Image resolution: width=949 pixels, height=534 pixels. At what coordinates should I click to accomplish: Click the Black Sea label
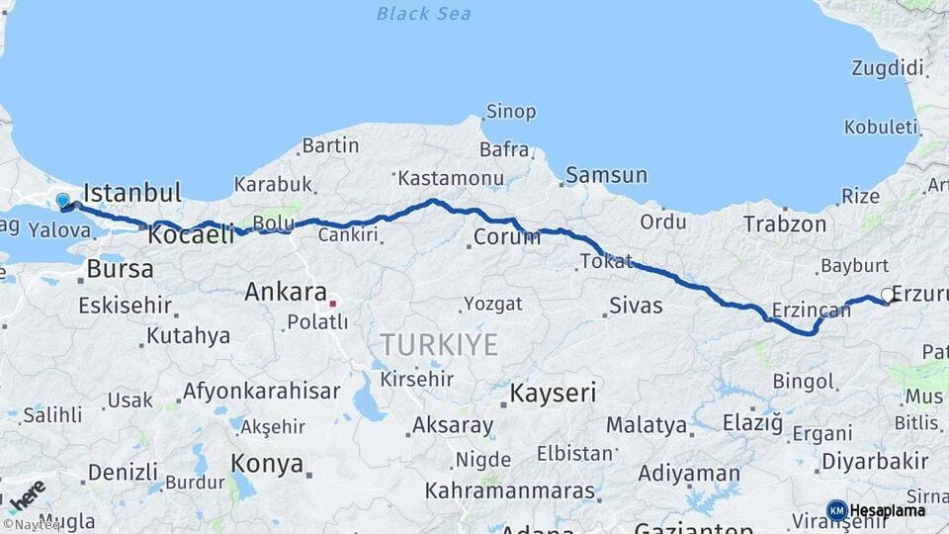(424, 14)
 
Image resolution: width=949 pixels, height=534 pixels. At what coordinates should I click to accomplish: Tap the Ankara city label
(285, 293)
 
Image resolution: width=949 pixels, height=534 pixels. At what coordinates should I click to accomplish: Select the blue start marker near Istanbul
(63, 202)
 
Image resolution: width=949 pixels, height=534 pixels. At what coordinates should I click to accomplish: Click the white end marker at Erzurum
(887, 295)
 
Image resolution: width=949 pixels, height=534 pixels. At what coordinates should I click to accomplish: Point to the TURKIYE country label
(440, 345)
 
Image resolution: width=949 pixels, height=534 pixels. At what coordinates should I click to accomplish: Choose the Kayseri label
(553, 394)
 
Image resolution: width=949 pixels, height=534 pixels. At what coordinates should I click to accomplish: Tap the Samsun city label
(606, 176)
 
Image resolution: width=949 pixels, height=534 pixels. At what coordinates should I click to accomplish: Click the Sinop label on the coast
(511, 112)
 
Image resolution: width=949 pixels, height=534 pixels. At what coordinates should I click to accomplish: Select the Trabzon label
(784, 224)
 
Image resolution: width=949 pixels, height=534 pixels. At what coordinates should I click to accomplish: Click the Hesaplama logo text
(887, 511)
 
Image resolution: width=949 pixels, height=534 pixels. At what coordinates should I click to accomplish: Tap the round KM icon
(836, 511)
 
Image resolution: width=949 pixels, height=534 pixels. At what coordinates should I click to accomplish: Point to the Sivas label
(635, 306)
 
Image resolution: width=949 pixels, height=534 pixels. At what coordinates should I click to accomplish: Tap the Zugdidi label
(887, 68)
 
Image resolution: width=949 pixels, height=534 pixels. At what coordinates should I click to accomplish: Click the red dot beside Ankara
(333, 304)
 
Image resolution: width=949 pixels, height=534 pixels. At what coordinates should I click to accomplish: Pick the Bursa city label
(120, 269)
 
